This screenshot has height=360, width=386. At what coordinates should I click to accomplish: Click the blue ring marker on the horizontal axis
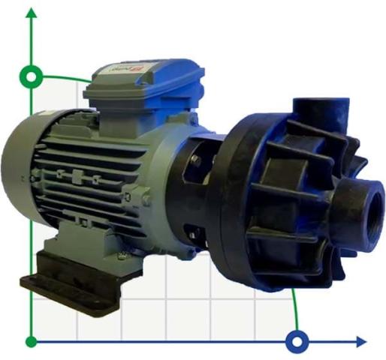point(298,342)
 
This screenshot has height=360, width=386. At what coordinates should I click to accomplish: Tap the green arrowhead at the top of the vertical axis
point(32,13)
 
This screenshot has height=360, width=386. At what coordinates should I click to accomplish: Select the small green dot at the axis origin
point(31,342)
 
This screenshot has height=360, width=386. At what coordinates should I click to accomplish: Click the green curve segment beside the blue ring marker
point(294,311)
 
